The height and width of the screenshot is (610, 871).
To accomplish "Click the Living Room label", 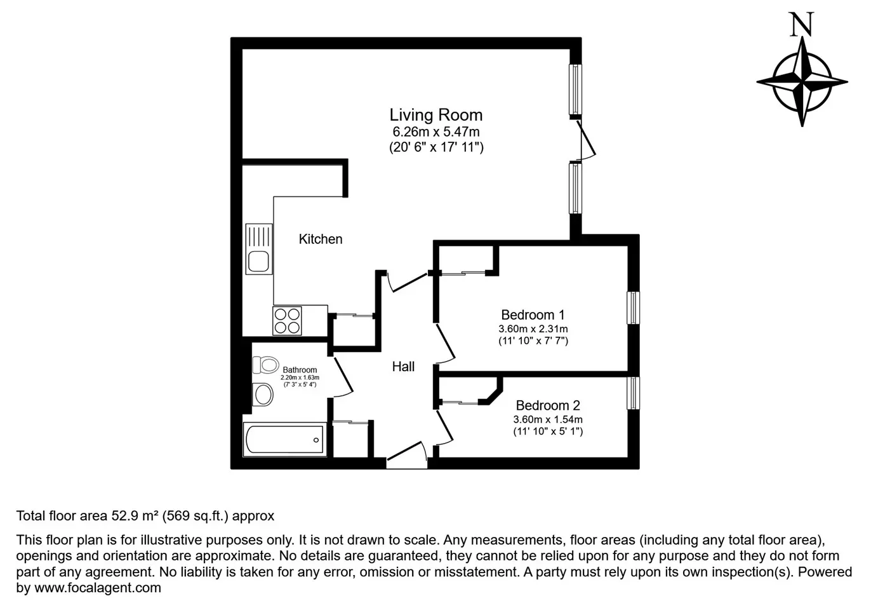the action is pyautogui.click(x=436, y=115).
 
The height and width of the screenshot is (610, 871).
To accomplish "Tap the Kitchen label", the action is pyautogui.click(x=321, y=239).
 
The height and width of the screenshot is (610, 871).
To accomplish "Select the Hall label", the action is pyautogui.click(x=403, y=366).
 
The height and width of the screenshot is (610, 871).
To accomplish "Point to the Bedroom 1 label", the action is pyautogui.click(x=533, y=315).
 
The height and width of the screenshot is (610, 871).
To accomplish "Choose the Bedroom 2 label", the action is pyautogui.click(x=548, y=405).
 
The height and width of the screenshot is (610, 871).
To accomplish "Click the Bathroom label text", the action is pyautogui.click(x=300, y=370).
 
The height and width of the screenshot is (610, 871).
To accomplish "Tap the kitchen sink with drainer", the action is pyautogui.click(x=259, y=248).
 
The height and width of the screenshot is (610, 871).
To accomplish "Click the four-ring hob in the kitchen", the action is pyautogui.click(x=288, y=321).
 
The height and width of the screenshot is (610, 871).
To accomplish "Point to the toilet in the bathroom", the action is pyautogui.click(x=265, y=365).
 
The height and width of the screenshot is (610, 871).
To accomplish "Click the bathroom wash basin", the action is pyautogui.click(x=263, y=395).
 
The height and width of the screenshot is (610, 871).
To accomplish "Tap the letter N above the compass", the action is pyautogui.click(x=801, y=25).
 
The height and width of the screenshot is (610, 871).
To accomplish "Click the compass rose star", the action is pyautogui.click(x=802, y=82).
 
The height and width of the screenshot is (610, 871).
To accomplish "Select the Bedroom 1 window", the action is pyautogui.click(x=633, y=308).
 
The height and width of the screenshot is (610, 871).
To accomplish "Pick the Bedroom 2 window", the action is pyautogui.click(x=633, y=393).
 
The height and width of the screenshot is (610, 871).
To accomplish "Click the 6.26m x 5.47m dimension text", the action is pyautogui.click(x=436, y=132).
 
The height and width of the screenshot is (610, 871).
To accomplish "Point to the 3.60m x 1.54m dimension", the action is pyautogui.click(x=548, y=419).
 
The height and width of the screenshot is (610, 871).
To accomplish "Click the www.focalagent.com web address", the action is pyautogui.click(x=98, y=588).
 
